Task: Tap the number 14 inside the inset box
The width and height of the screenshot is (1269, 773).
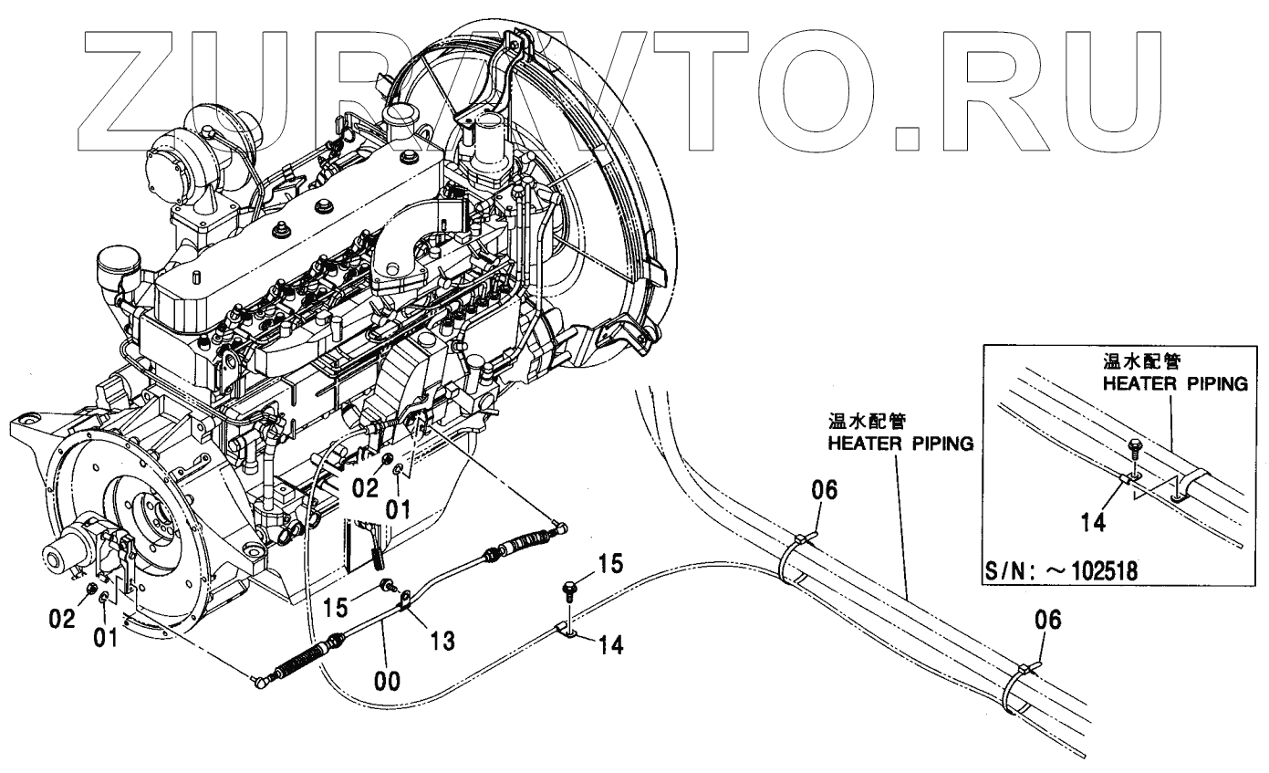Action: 1093,522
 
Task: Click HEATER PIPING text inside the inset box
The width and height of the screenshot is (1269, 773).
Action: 1174,384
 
